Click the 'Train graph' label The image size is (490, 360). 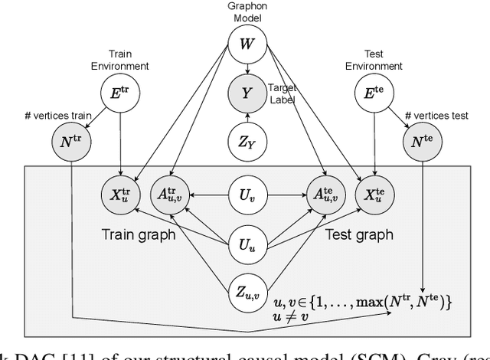point(139,234)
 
